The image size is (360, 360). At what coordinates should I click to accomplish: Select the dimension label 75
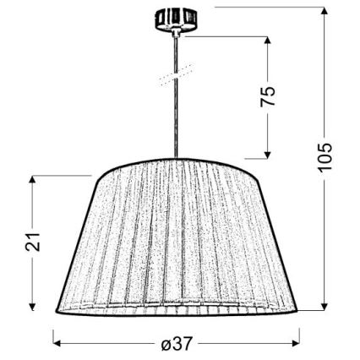point(269,96)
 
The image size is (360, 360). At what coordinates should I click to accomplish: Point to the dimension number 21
point(32,244)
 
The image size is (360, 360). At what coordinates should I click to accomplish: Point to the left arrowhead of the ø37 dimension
point(57,343)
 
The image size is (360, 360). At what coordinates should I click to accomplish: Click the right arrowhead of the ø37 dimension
point(302,343)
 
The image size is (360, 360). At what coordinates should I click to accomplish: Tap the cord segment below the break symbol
point(177,118)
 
